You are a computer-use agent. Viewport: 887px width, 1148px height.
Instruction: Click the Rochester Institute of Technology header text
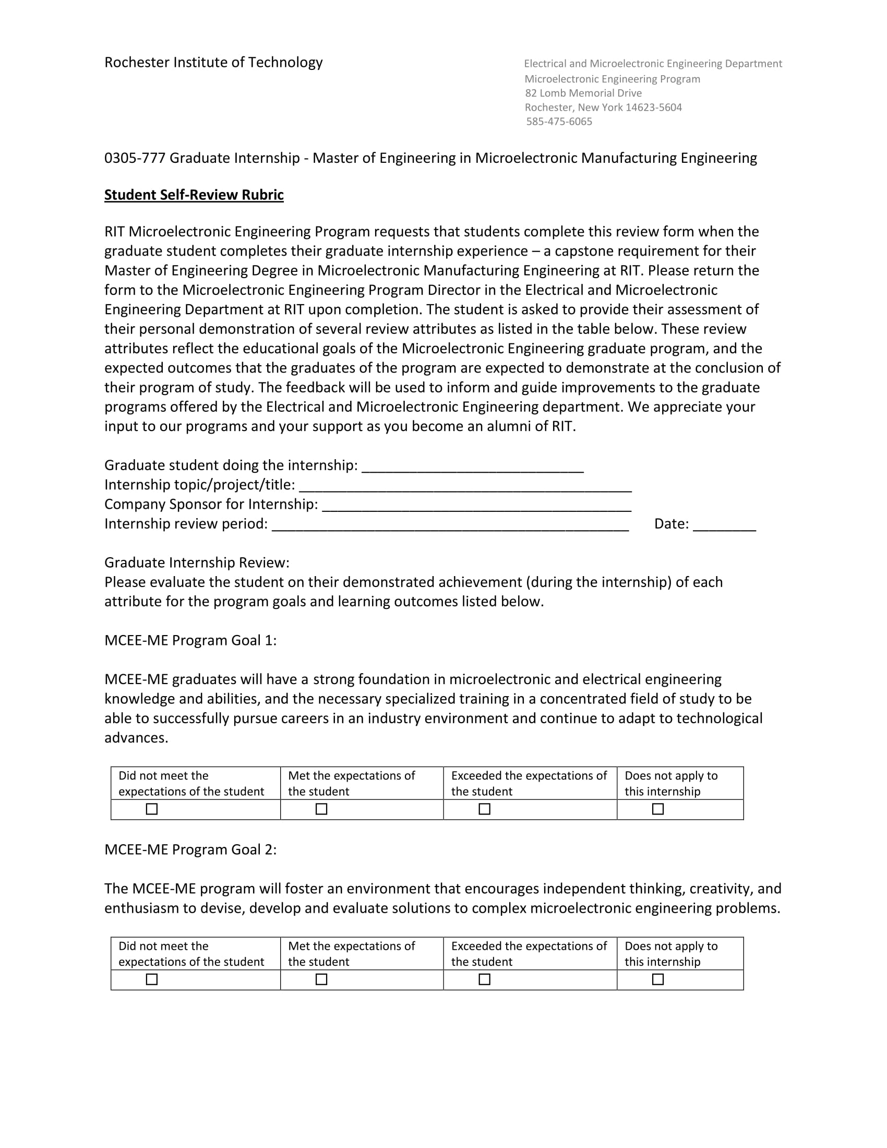213,63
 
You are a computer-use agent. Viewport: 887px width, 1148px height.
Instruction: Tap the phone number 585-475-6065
559,122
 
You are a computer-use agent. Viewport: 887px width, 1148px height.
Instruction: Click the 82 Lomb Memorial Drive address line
583,93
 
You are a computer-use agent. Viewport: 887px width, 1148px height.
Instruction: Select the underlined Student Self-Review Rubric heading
194,195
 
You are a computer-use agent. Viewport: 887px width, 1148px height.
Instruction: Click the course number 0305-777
135,158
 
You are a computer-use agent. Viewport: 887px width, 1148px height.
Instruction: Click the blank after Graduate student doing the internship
472,468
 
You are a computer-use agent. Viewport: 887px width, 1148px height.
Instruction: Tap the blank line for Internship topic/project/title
465,486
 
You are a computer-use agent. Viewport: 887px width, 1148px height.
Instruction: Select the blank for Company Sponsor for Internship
476,506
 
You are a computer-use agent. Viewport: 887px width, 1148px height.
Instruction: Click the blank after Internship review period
450,525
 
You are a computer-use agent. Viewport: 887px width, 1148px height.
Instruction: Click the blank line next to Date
724,525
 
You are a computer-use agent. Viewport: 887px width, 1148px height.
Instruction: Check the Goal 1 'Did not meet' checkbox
152,809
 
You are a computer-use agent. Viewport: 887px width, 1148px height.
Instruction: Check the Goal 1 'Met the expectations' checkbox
321,809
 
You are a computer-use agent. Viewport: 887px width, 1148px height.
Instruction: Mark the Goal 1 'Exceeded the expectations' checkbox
485,809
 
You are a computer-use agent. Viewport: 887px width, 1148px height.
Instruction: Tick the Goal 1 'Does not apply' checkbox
658,809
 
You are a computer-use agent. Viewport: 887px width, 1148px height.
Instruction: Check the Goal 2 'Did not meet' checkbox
152,979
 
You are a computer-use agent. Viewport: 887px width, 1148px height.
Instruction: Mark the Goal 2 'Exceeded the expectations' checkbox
485,979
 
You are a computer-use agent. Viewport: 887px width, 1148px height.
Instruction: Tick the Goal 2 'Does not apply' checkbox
658,979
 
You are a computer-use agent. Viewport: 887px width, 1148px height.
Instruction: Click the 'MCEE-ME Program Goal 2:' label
190,850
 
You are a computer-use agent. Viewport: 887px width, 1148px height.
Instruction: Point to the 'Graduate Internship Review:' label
197,563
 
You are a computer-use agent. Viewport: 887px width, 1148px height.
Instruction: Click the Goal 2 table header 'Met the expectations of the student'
351,953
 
